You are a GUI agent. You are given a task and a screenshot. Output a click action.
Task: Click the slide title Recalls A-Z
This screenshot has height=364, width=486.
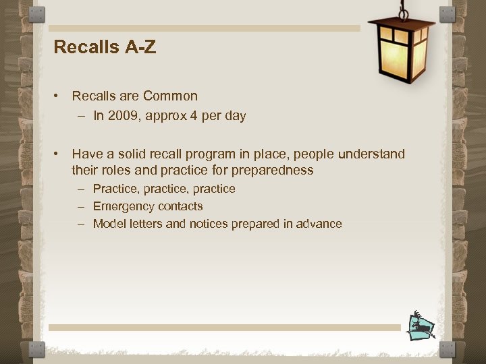(105, 48)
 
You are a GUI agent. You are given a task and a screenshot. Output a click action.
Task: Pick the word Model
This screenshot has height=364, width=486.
(108, 224)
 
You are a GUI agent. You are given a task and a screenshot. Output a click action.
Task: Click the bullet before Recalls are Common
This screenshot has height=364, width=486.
(59, 96)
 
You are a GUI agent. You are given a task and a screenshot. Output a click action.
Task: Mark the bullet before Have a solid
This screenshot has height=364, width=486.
(59, 154)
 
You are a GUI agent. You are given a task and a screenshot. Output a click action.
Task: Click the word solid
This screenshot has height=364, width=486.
(131, 154)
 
